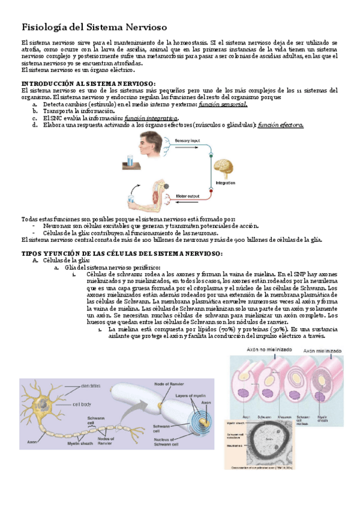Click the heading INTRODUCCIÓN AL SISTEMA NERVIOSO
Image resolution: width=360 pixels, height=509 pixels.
pos(88,83)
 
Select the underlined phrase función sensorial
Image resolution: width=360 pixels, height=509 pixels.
pos(223,104)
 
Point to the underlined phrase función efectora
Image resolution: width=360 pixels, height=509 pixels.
pos(280,125)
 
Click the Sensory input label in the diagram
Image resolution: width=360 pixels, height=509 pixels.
pos(187,140)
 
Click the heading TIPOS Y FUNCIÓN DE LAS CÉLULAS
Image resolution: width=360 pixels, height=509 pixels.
pos(121,253)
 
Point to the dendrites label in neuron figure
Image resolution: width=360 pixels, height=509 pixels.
pos(91,385)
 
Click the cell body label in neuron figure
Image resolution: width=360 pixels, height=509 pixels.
pos(82,405)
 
